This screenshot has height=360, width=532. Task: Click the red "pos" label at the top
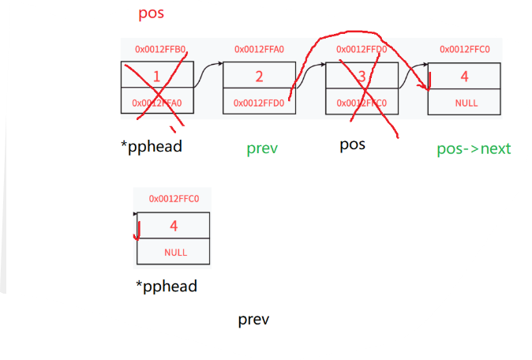point(152,14)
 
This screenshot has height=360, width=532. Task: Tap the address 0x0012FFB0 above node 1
point(160,49)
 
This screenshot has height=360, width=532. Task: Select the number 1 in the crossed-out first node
point(157,77)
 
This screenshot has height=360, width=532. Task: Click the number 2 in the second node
point(260,77)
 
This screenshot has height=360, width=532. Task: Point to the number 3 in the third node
point(362,77)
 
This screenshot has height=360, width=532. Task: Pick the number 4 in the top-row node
point(464,77)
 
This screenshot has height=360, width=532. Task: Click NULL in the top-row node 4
point(466,103)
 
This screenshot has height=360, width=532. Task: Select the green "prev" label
point(261,148)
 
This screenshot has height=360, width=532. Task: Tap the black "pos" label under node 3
point(353,145)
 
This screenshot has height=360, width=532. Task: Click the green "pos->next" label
point(474,148)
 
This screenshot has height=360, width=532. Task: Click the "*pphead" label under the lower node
point(166,286)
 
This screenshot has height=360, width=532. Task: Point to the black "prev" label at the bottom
point(253,320)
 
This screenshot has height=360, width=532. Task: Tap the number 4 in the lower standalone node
point(174,226)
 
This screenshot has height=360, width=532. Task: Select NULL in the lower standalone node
point(175,252)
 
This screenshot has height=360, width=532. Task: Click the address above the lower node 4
point(173,198)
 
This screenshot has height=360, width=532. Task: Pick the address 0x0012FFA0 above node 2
point(259,49)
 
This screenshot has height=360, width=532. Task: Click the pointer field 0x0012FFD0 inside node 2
point(259,103)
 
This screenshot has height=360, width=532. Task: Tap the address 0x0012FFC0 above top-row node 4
point(464,49)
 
